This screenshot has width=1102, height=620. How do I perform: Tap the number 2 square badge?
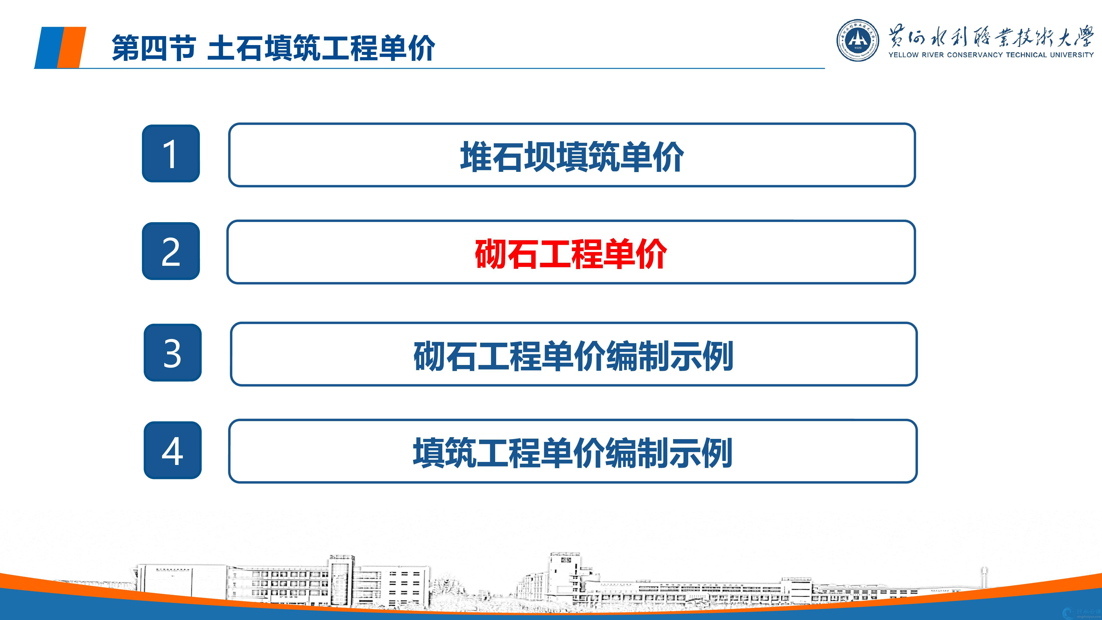click(x=171, y=251)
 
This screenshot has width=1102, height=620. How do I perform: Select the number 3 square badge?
click(x=172, y=352)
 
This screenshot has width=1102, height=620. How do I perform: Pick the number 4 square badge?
click(x=172, y=450)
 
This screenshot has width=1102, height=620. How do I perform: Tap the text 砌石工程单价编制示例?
click(x=573, y=355)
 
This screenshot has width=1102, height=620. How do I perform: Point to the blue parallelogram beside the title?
click(x=49, y=47)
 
